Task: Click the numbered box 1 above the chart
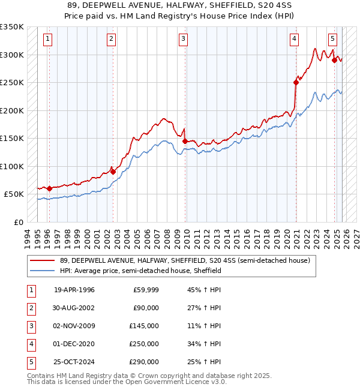[x=47, y=40]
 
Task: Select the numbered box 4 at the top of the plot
[x=295, y=40]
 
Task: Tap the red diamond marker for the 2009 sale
[x=185, y=142]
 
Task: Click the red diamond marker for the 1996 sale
[x=49, y=189]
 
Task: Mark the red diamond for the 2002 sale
[x=113, y=172]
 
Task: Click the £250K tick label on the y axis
[x=12, y=83]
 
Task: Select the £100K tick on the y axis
[x=12, y=166]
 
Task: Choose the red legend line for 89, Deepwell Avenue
[x=42, y=260]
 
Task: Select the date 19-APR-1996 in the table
[x=74, y=290]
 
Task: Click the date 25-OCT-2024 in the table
[x=74, y=362]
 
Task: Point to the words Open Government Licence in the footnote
[x=169, y=382]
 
